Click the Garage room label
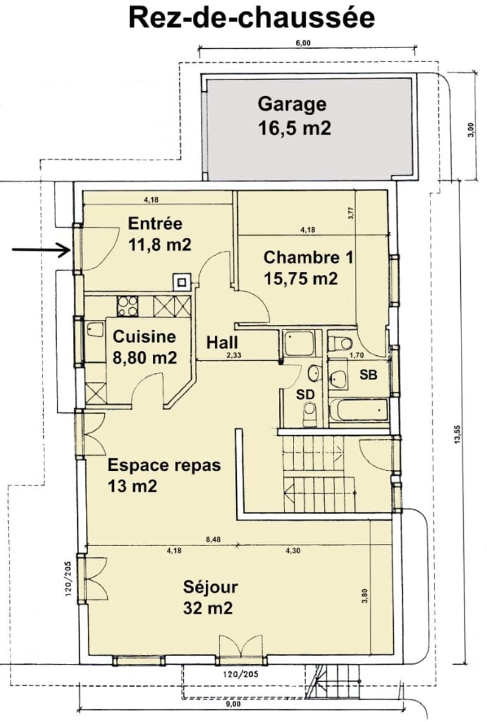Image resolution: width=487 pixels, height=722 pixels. [x=292, y=104]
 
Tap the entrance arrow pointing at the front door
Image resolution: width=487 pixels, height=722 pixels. [x=41, y=250]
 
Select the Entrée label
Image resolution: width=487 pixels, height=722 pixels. [x=155, y=224]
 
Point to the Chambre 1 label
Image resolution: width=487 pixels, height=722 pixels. [x=308, y=257]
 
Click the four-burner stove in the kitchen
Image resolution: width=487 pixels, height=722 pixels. [x=127, y=306]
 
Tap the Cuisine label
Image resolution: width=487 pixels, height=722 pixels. [x=144, y=336]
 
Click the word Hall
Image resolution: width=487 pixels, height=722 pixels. [x=222, y=342]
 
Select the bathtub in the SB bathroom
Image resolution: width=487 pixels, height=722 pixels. [x=359, y=409]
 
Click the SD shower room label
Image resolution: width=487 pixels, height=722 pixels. [x=305, y=395]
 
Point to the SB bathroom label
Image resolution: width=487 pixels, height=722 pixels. [x=368, y=375]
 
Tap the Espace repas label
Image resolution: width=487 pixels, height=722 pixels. [x=164, y=465]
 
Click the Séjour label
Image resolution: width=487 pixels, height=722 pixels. [x=210, y=587]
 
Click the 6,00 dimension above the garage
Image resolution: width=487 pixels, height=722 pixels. [x=303, y=43]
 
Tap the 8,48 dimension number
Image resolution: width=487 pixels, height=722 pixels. [x=214, y=540]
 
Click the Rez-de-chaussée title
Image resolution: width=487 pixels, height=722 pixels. [x=251, y=18]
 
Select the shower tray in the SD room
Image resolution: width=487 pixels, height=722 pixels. [x=299, y=344]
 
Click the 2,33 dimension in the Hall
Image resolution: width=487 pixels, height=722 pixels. [x=234, y=355]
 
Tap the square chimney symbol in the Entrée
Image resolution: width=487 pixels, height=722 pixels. [x=181, y=281]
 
